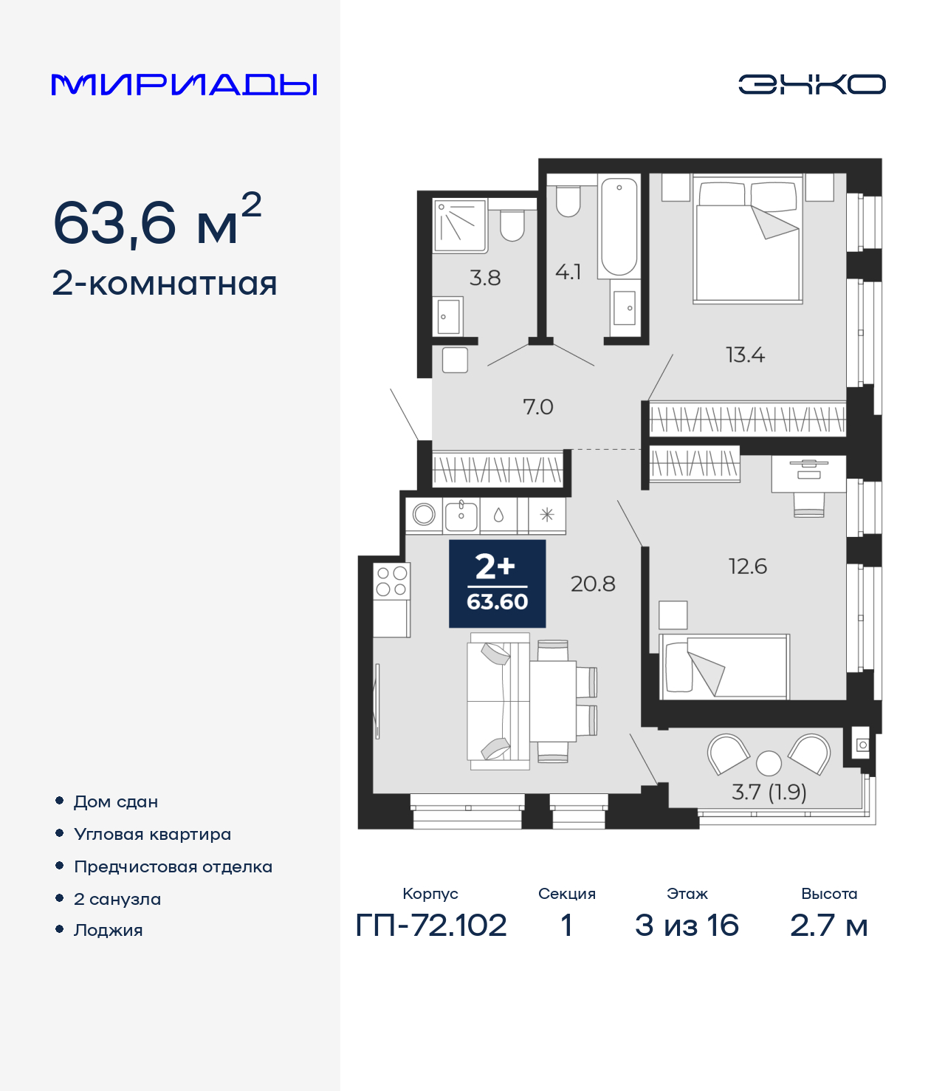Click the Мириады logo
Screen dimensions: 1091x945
click(184, 84)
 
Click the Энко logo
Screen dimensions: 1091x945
click(811, 84)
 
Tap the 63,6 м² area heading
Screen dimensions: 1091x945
click(157, 222)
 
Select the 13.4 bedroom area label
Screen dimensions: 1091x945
click(745, 355)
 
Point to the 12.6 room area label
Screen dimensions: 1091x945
click(747, 567)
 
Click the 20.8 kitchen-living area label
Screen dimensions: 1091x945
click(593, 584)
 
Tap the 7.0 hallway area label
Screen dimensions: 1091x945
click(537, 407)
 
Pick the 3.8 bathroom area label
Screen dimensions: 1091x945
click(485, 278)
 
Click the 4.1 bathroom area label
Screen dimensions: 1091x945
click(568, 272)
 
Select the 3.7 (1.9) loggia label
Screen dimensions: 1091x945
click(769, 792)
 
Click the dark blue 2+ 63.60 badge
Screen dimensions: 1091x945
click(497, 584)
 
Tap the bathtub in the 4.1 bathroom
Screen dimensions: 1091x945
click(619, 226)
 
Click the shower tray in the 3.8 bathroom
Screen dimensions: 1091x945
click(459, 225)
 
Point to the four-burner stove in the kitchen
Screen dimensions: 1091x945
click(391, 581)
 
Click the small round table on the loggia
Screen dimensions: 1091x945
click(769, 762)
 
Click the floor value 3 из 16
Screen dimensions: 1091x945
click(687, 925)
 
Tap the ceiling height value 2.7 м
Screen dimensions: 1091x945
click(828, 925)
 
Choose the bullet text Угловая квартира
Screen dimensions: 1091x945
click(152, 834)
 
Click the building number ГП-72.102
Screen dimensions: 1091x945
click(431, 925)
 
